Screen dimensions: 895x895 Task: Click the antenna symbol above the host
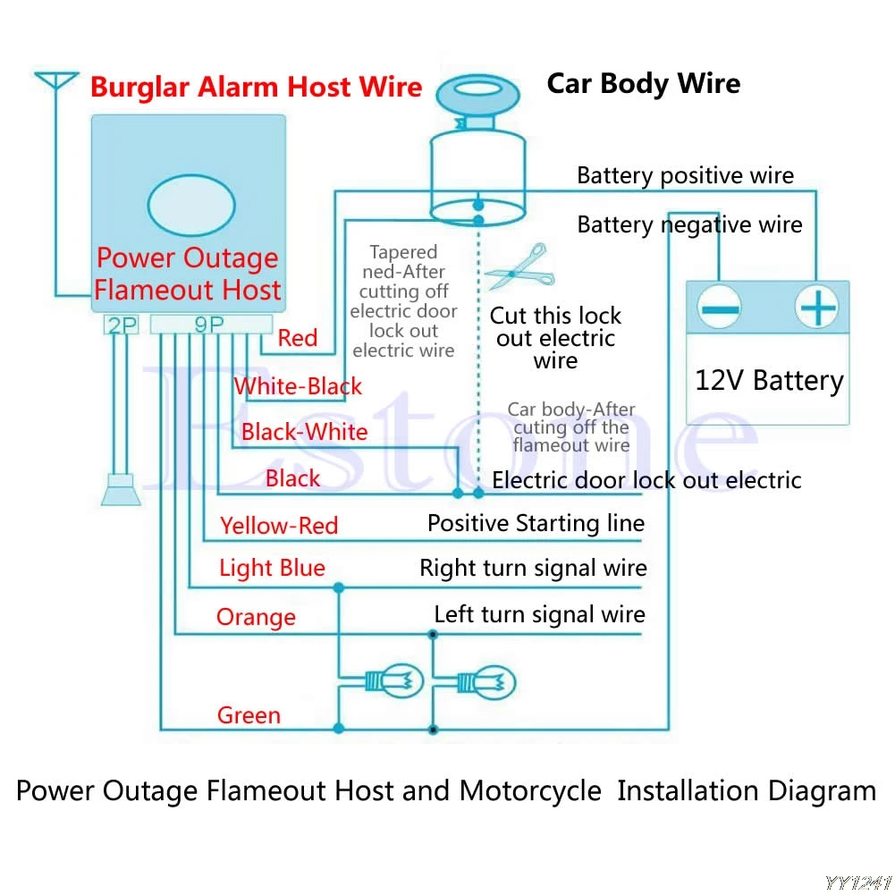(x=56, y=80)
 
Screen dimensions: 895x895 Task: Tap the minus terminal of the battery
(x=719, y=308)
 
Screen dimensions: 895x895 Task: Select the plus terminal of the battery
(x=817, y=307)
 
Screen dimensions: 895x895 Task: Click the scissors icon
(x=520, y=267)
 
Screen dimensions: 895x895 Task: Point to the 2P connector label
(x=122, y=325)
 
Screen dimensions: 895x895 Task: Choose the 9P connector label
(x=209, y=325)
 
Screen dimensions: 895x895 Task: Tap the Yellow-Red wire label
(x=279, y=526)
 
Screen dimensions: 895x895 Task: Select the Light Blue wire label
(x=273, y=568)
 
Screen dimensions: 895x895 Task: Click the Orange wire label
(x=257, y=617)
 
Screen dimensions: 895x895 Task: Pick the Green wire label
(x=249, y=715)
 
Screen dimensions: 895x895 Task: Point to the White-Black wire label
(x=298, y=386)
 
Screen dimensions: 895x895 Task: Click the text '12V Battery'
(x=769, y=381)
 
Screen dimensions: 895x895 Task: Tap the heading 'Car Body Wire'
(x=644, y=83)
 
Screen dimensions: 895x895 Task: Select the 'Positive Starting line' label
(x=536, y=523)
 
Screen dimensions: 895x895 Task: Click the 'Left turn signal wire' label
(x=540, y=615)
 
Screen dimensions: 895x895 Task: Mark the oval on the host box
(x=191, y=206)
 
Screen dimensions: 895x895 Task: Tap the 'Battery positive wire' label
(x=686, y=175)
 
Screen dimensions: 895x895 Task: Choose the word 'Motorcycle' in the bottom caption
(x=530, y=791)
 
